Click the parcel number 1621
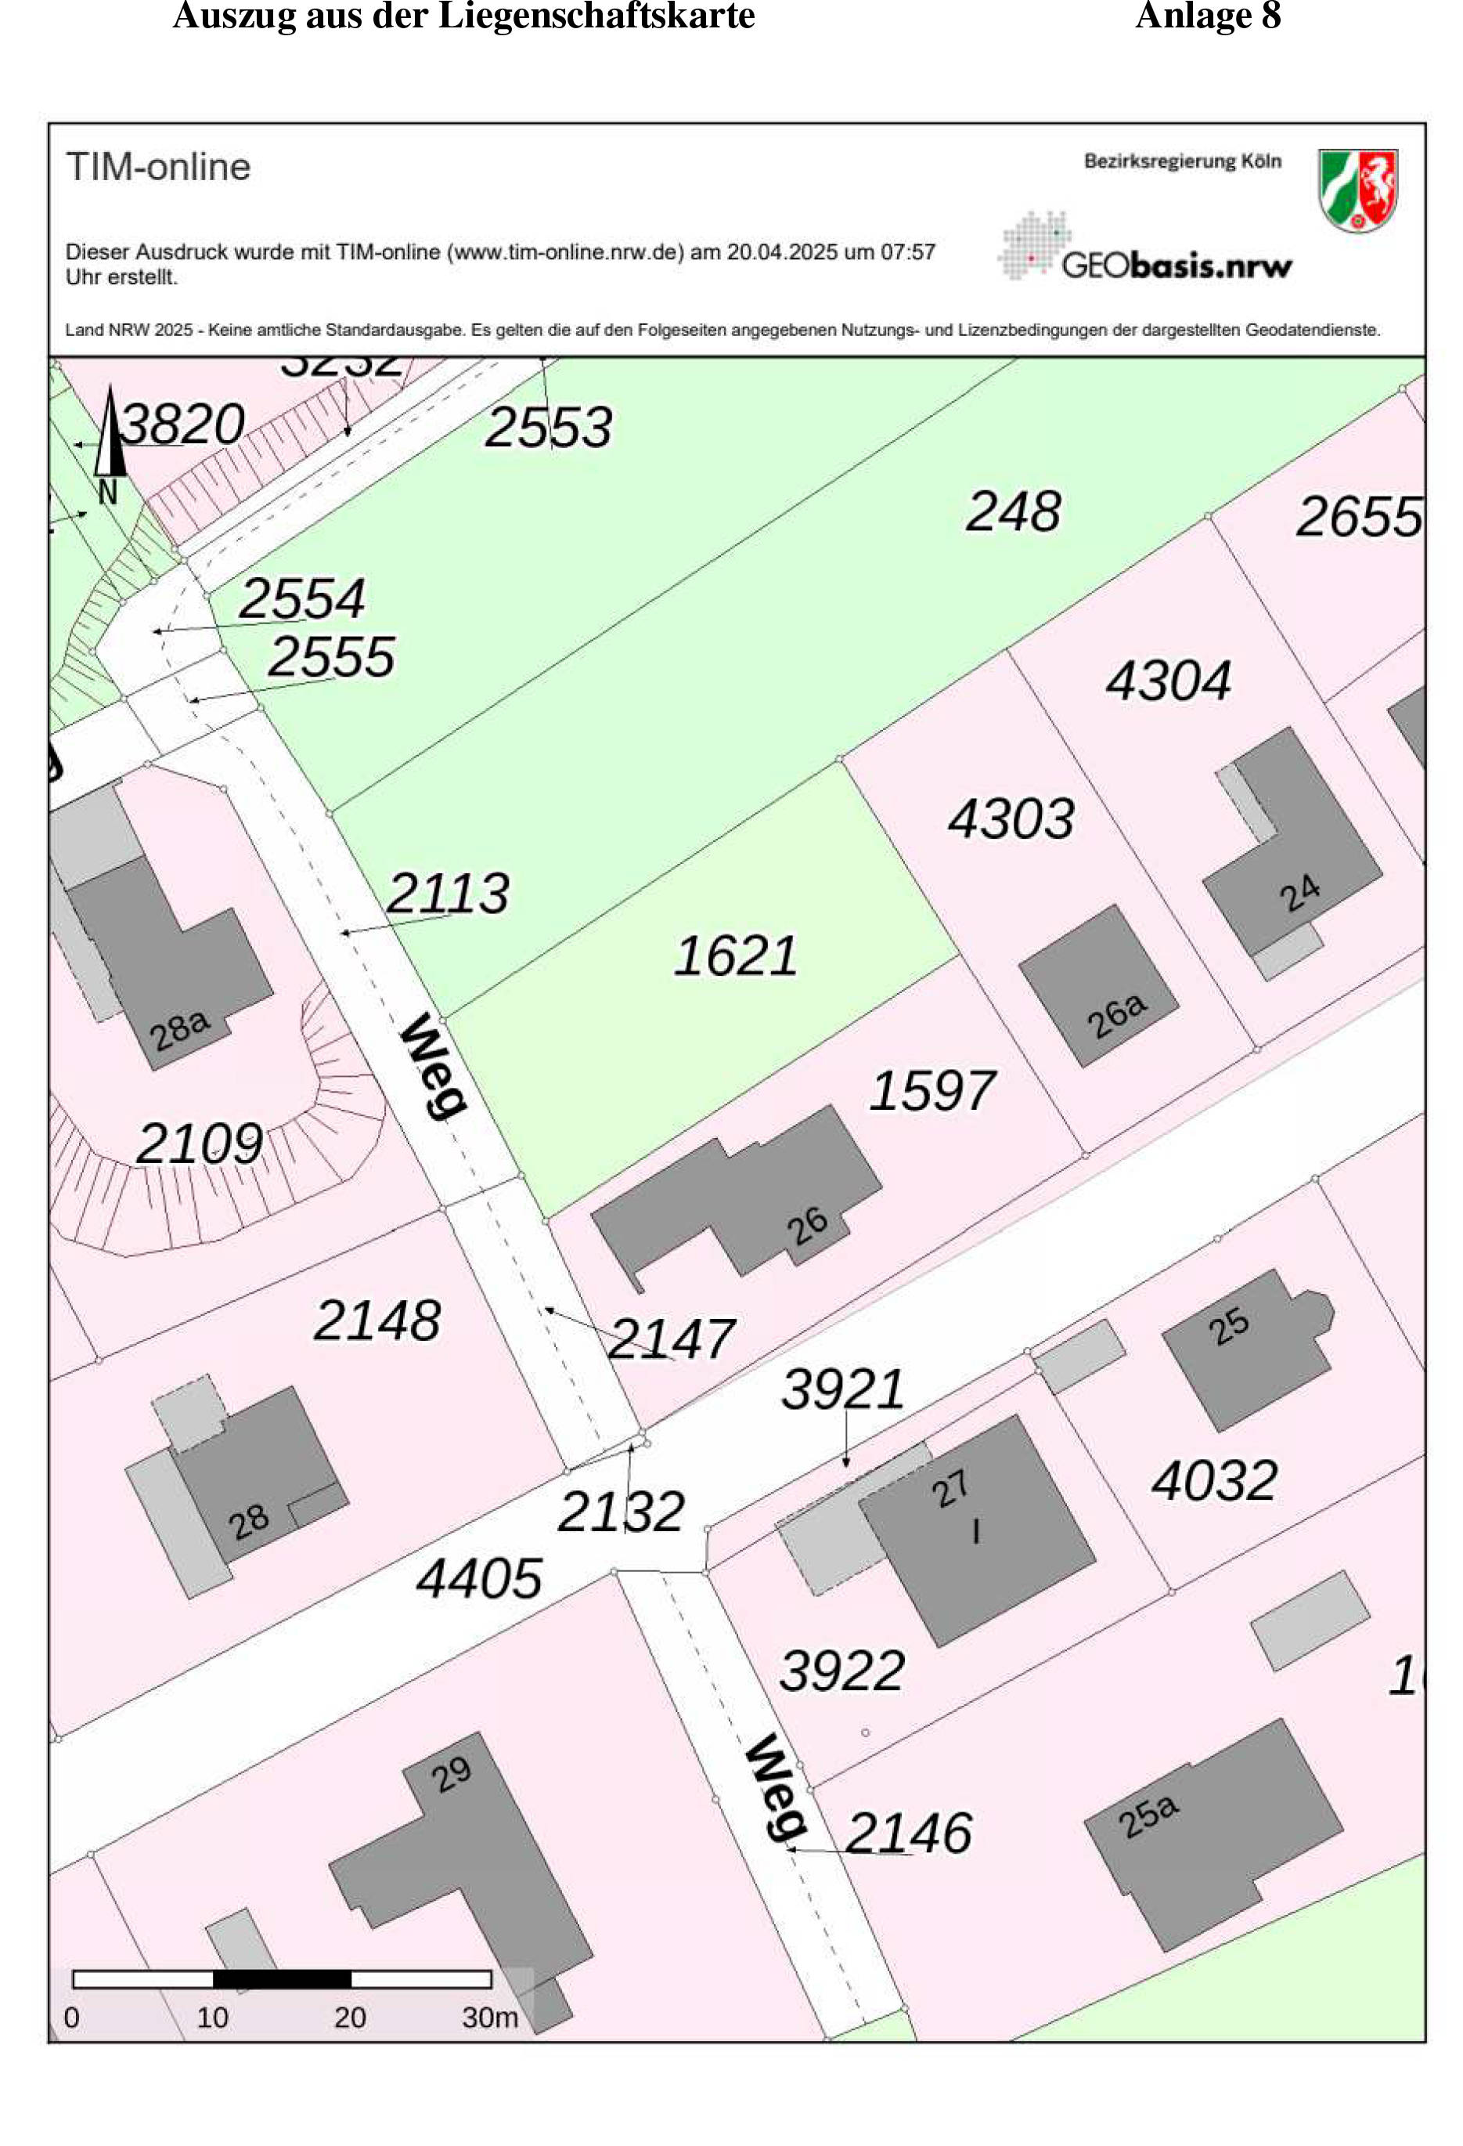[x=735, y=956]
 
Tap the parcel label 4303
[x=1011, y=819]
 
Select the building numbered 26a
[x=1098, y=986]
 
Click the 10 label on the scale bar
[x=212, y=2017]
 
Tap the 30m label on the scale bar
[x=489, y=2017]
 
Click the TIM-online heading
[x=158, y=167]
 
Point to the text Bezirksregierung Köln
[x=1183, y=161]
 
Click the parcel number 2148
[x=377, y=1320]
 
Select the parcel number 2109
[x=200, y=1144]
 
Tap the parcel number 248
[x=1013, y=511]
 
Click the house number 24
[x=1299, y=893]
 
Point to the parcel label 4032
[x=1214, y=1480]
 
